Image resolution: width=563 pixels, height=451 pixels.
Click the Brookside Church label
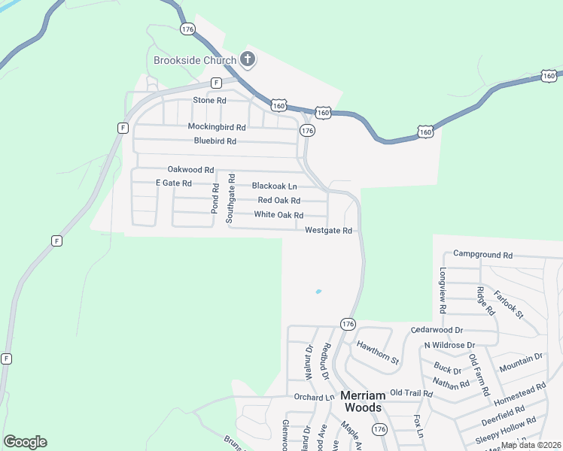(x=194, y=60)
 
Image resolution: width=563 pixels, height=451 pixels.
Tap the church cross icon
(x=247, y=59)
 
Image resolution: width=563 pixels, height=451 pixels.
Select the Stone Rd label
(x=209, y=100)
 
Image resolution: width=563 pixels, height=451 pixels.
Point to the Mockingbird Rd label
(x=217, y=127)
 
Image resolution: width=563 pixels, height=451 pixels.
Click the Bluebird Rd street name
(x=215, y=141)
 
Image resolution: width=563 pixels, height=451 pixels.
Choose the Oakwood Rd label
(x=190, y=170)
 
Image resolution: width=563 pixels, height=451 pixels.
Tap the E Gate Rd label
(x=173, y=183)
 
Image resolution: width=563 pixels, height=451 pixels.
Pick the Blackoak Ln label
(x=274, y=186)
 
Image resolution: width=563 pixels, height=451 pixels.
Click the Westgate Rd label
(x=329, y=231)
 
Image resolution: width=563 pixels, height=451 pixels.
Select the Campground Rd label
(x=482, y=256)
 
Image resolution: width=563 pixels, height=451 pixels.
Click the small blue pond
(x=318, y=292)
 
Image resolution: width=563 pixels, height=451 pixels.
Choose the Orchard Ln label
(x=314, y=397)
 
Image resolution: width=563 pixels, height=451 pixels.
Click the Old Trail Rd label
(x=411, y=393)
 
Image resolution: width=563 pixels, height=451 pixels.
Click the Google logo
(x=25, y=442)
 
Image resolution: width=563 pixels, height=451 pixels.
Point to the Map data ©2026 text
(x=530, y=445)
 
